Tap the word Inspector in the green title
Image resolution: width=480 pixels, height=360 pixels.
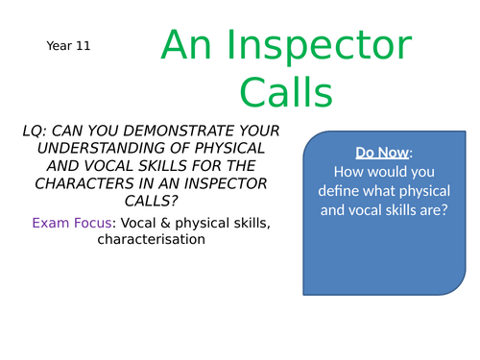(x=304, y=46)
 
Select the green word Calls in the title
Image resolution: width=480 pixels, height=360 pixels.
(x=286, y=93)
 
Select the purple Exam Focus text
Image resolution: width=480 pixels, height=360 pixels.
(x=70, y=223)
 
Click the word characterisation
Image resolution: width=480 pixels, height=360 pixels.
(x=151, y=239)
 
